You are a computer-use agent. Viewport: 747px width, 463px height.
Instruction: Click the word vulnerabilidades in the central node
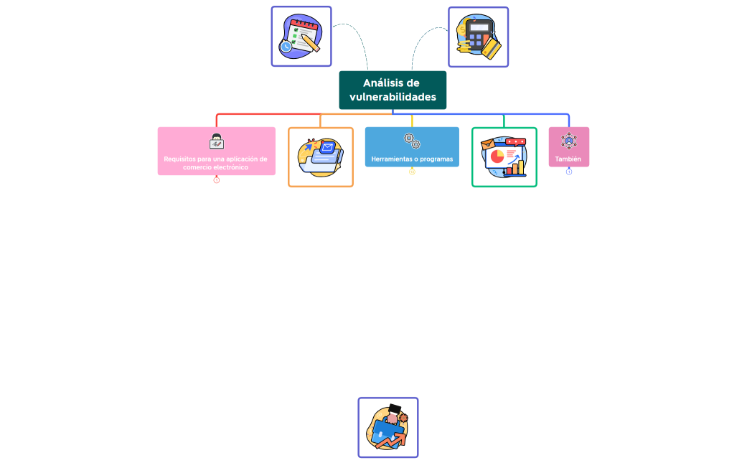pyautogui.click(x=393, y=97)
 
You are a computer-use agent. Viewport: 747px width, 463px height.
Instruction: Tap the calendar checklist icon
pyautogui.click(x=301, y=37)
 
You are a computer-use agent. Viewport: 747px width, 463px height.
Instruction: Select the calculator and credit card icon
pyautogui.click(x=479, y=37)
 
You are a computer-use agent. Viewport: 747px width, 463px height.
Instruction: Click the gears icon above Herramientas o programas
pyautogui.click(x=412, y=141)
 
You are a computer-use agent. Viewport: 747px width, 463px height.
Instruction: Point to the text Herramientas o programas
pyautogui.click(x=412, y=159)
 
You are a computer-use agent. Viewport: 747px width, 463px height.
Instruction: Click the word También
pyautogui.click(x=568, y=159)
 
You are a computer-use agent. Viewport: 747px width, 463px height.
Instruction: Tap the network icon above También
pyautogui.click(x=568, y=141)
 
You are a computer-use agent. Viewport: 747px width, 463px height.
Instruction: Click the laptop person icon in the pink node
pyautogui.click(x=216, y=141)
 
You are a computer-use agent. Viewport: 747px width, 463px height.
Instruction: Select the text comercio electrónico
pyautogui.click(x=215, y=167)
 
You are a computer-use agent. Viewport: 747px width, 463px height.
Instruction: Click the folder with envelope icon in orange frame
pyautogui.click(x=321, y=157)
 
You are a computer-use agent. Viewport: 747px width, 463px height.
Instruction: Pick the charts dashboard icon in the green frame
pyautogui.click(x=504, y=157)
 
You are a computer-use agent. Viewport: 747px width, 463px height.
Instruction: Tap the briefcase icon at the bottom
pyautogui.click(x=388, y=428)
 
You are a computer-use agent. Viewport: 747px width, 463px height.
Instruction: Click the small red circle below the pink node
pyautogui.click(x=216, y=180)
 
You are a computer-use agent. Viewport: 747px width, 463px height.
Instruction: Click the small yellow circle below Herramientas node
pyautogui.click(x=412, y=172)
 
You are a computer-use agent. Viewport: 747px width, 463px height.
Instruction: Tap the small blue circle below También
pyautogui.click(x=569, y=172)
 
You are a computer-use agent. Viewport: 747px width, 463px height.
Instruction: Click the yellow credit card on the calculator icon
pyautogui.click(x=491, y=48)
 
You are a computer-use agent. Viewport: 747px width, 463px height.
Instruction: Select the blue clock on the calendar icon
pyautogui.click(x=286, y=47)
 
